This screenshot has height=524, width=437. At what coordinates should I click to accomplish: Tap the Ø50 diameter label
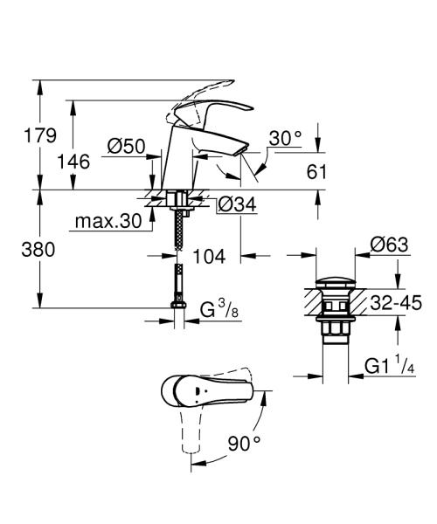127,148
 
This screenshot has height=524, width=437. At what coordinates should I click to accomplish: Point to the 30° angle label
285,138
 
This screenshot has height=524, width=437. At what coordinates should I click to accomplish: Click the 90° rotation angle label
244,444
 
